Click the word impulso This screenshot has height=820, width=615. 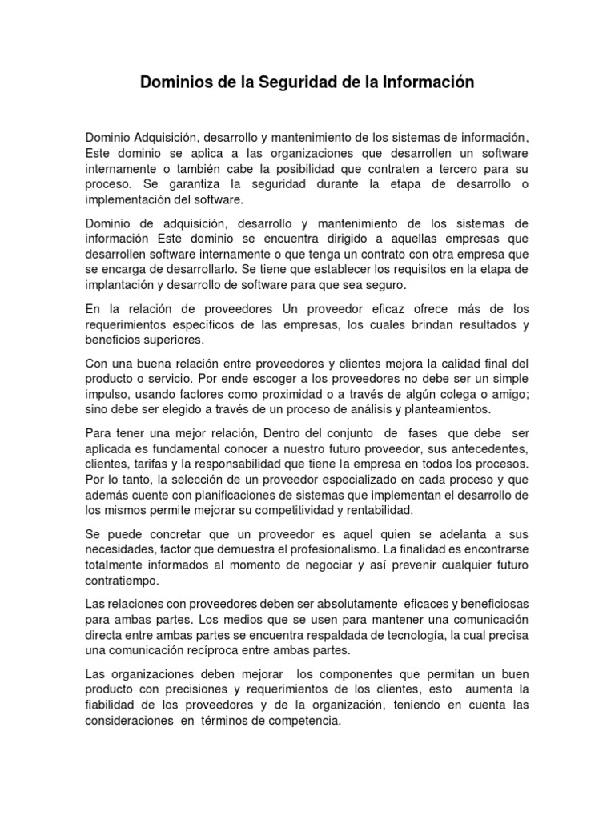tap(109, 394)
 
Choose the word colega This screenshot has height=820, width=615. tap(466, 394)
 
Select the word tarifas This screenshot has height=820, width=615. tap(157, 464)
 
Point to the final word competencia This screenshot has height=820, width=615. tap(301, 720)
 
